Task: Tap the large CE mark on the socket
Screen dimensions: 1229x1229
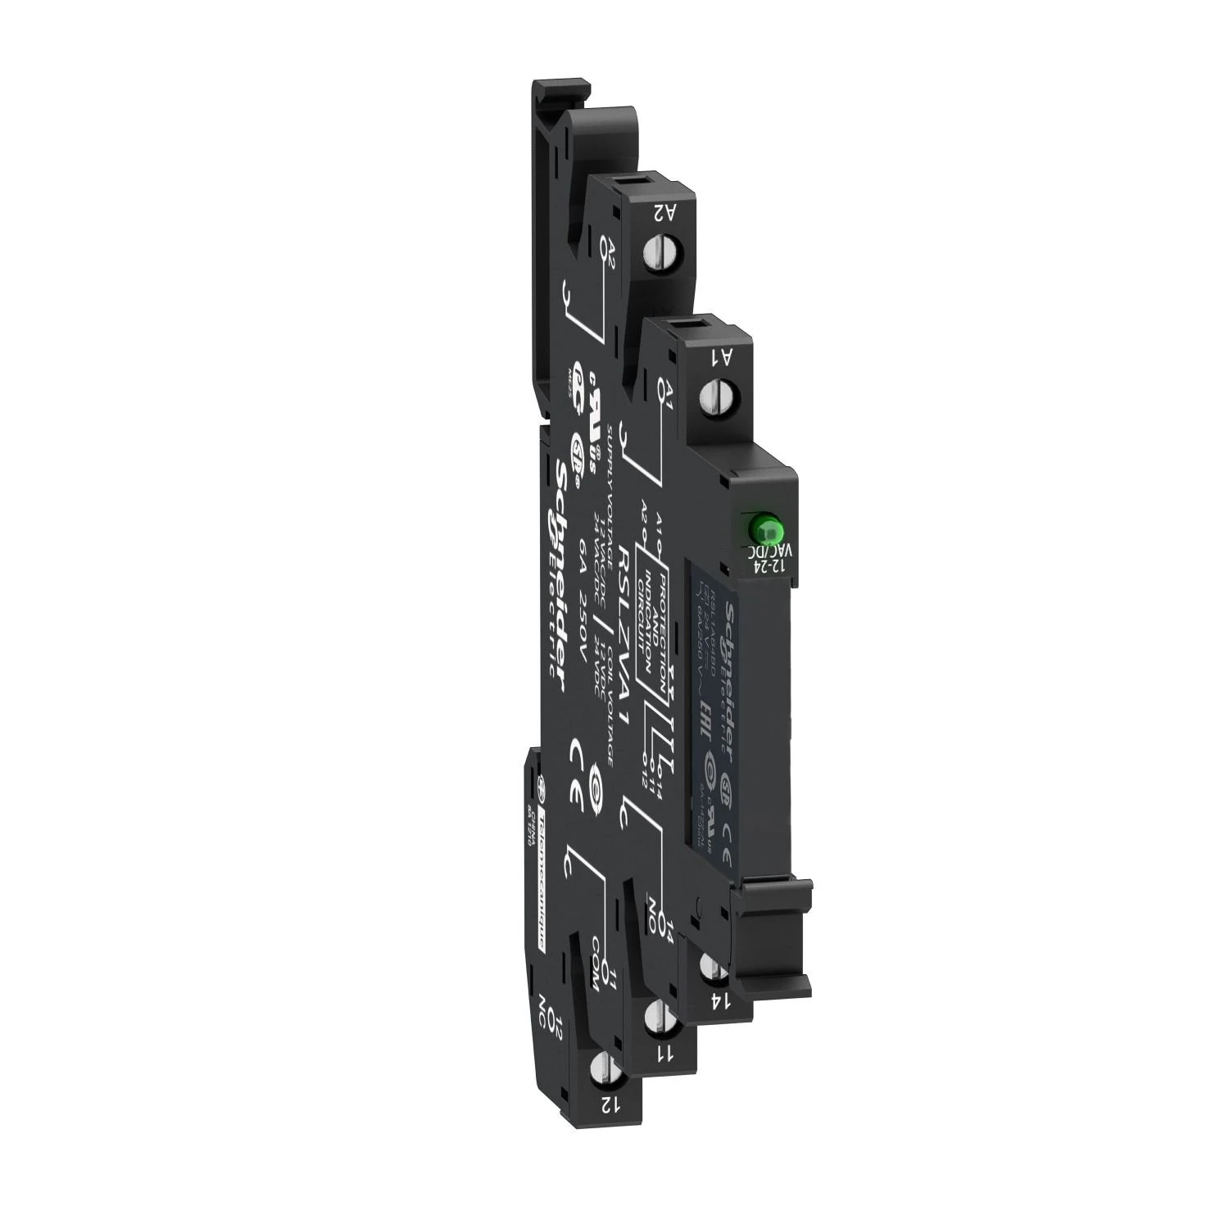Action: coord(583,771)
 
